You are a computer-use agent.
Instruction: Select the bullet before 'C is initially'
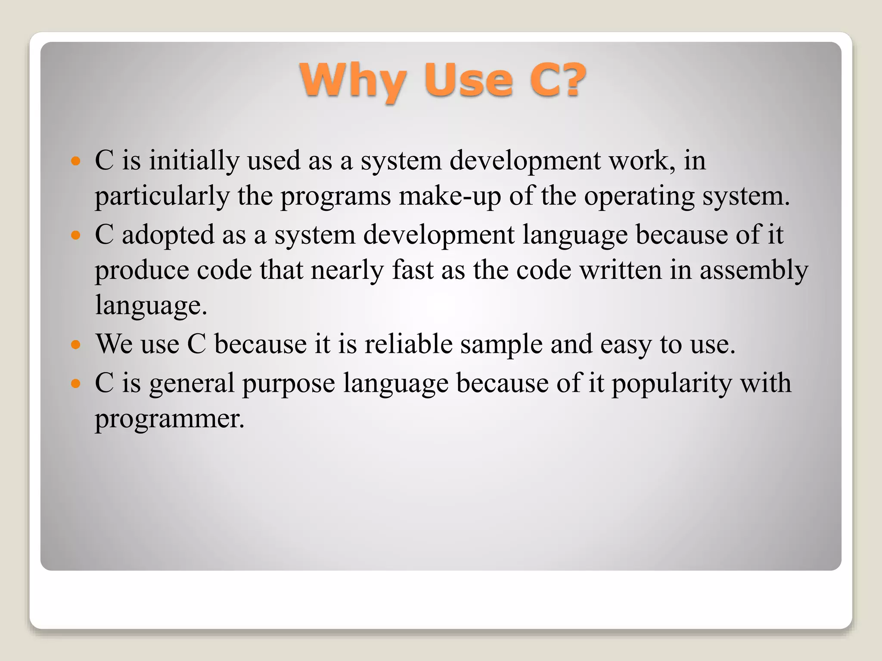[76, 161]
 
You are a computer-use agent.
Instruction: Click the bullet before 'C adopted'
[76, 235]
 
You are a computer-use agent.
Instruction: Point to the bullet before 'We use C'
[76, 345]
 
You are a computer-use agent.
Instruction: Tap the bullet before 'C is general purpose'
[76, 383]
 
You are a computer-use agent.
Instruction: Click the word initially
[194, 161]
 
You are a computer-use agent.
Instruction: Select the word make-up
[450, 197]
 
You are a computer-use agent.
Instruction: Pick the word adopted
[168, 235]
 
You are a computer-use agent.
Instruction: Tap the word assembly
[754, 271]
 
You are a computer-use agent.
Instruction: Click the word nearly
[347, 271]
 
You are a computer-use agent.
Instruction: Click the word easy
[626, 345]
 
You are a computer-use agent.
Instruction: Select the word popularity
[671, 383]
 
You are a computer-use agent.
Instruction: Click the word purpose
[289, 383]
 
